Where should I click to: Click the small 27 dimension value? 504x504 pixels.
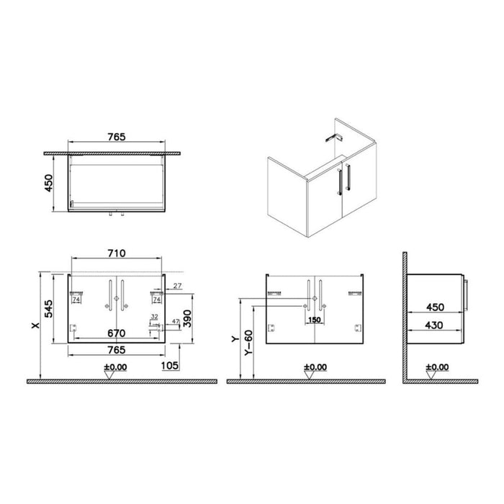pyautogui.click(x=177, y=287)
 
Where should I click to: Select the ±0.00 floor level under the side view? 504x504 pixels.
pyautogui.click(x=437, y=367)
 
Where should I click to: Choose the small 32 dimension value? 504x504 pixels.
pyautogui.click(x=154, y=317)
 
